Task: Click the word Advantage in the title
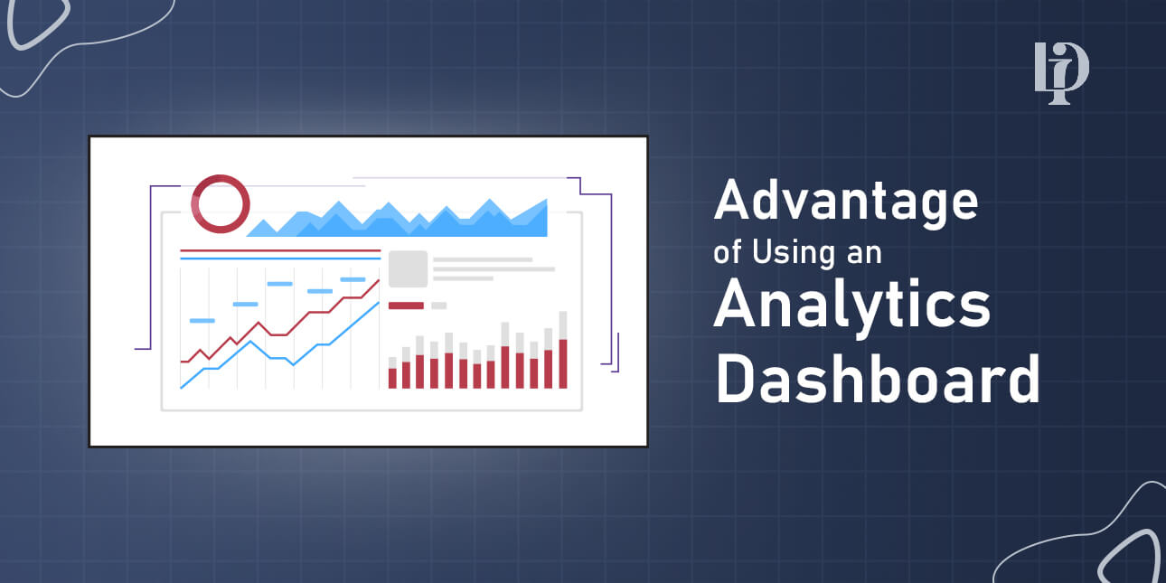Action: pos(845,202)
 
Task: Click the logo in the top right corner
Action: pos(1061,73)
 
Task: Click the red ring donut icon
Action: pos(221,202)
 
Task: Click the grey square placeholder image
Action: pos(408,269)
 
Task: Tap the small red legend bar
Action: pos(406,306)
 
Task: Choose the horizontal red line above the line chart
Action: pos(279,250)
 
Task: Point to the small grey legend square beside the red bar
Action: pos(438,306)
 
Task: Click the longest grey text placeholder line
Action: pos(494,268)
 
